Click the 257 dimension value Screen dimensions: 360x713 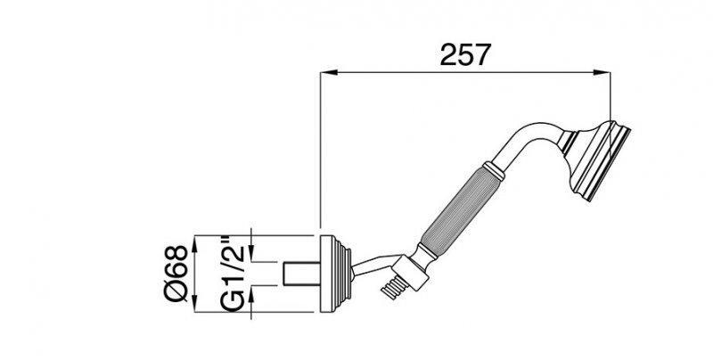(x=466, y=55)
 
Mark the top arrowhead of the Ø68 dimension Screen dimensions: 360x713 (x=196, y=239)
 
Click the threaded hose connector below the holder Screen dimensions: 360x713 (x=390, y=288)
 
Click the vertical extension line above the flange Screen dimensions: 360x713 (x=320, y=151)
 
